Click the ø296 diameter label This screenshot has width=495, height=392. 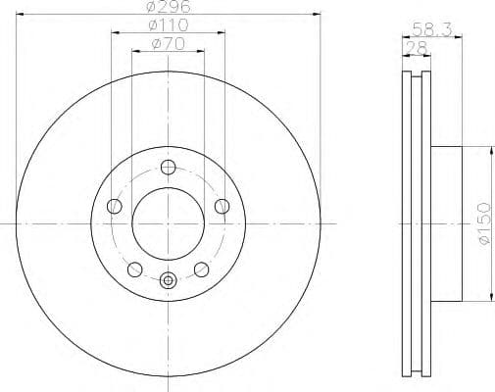(x=168, y=8)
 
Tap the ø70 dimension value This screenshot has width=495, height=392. (x=168, y=44)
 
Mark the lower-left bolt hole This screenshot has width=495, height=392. (x=134, y=269)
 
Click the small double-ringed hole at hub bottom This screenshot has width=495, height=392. (x=168, y=281)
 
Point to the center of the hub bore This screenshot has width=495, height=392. (x=168, y=223)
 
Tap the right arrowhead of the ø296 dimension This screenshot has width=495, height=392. (x=319, y=15)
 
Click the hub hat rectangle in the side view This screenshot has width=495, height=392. (x=445, y=223)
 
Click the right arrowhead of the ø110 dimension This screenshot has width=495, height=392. (x=223, y=33)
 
